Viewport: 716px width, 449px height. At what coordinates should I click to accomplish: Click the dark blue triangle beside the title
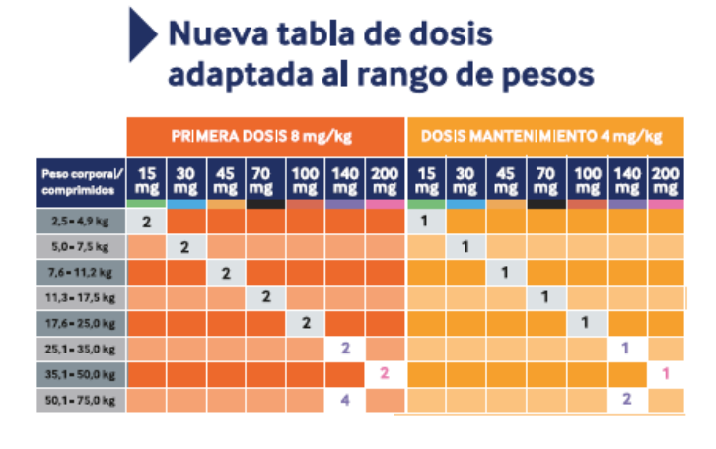coord(142,36)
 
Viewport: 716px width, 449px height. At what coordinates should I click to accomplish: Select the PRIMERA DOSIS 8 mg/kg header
coord(265,135)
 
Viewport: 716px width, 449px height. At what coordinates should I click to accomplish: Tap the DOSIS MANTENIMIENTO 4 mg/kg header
coord(545,135)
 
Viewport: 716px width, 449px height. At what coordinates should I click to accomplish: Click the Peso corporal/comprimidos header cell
coord(82,179)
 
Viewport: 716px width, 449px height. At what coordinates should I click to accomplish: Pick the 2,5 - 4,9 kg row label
coord(82,221)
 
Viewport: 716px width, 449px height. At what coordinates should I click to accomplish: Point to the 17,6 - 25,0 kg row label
coord(82,323)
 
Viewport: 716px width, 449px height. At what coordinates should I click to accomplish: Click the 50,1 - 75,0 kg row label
coord(82,400)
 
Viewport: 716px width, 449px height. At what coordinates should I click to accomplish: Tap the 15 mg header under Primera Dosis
coord(146,178)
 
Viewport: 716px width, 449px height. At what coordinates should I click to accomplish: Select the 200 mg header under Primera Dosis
coord(385,178)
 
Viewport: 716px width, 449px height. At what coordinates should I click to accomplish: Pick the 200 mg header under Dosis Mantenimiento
coord(666,178)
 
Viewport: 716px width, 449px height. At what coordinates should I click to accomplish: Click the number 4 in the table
coord(345,400)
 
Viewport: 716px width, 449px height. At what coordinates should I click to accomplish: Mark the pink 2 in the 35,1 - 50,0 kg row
coord(385,374)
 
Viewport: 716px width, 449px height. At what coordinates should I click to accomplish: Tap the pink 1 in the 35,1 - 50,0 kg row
coord(666,374)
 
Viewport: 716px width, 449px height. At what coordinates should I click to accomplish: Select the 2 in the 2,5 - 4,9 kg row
coord(146,221)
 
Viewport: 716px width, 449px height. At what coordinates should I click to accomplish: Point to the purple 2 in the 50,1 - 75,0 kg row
coord(626,400)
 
